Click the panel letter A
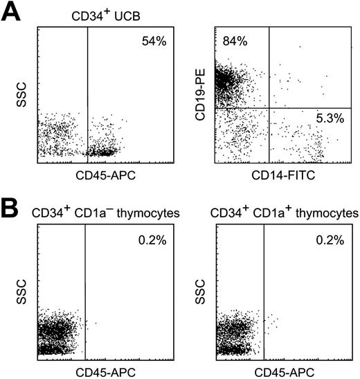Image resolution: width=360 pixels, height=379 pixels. (x=12, y=14)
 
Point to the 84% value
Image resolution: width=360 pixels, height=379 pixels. (x=235, y=43)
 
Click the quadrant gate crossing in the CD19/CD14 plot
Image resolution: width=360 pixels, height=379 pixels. (x=269, y=108)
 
